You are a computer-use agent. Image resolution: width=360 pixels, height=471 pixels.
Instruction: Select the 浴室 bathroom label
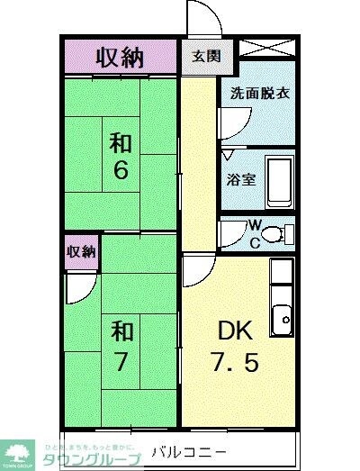242,178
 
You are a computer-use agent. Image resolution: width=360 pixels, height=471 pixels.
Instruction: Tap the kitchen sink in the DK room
283,316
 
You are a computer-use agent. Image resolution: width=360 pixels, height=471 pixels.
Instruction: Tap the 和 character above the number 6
121,143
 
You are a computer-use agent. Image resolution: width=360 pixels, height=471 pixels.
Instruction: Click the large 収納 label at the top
120,57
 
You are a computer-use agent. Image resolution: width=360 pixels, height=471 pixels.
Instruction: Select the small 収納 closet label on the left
80,251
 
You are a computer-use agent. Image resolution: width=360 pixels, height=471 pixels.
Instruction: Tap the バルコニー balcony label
187,449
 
